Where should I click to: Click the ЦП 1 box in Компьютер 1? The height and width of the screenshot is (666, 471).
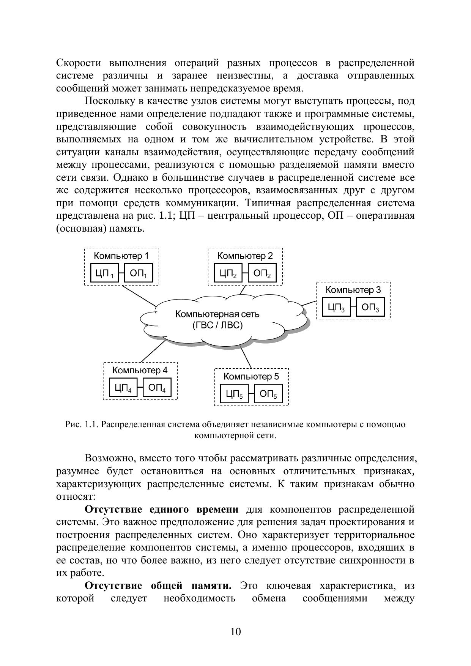(104, 273)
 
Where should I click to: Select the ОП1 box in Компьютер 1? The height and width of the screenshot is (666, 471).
(139, 273)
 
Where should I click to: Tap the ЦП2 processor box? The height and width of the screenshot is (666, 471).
(228, 273)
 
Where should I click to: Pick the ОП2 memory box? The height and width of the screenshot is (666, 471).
(262, 273)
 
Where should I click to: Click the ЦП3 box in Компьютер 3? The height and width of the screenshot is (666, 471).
(336, 307)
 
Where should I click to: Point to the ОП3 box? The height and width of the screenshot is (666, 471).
(370, 307)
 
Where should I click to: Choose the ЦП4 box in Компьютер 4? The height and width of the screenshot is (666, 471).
(123, 388)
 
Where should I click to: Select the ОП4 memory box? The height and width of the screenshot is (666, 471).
(157, 388)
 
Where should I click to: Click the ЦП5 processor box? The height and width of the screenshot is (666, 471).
(234, 394)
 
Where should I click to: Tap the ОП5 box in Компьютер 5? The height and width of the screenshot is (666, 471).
(268, 394)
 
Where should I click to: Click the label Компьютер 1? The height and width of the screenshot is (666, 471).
(121, 256)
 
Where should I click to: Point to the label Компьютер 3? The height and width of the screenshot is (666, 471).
(353, 290)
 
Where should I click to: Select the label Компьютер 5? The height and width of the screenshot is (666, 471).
(251, 376)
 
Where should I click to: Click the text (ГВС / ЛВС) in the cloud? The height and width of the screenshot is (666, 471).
(217, 325)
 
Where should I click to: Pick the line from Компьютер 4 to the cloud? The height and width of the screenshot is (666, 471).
(153, 351)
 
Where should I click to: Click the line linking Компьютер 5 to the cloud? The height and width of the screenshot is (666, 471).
(246, 357)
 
